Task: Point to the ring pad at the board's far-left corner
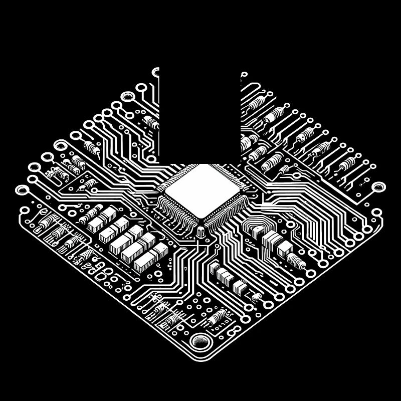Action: pyautogui.click(x=23, y=190)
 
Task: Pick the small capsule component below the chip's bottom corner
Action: pyautogui.click(x=200, y=232)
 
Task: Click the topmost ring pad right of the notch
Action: pyautogui.click(x=244, y=75)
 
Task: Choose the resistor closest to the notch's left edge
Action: pyautogui.click(x=151, y=122)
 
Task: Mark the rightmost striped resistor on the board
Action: pyautogui.click(x=346, y=164)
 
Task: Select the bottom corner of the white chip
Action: pyautogui.click(x=203, y=219)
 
